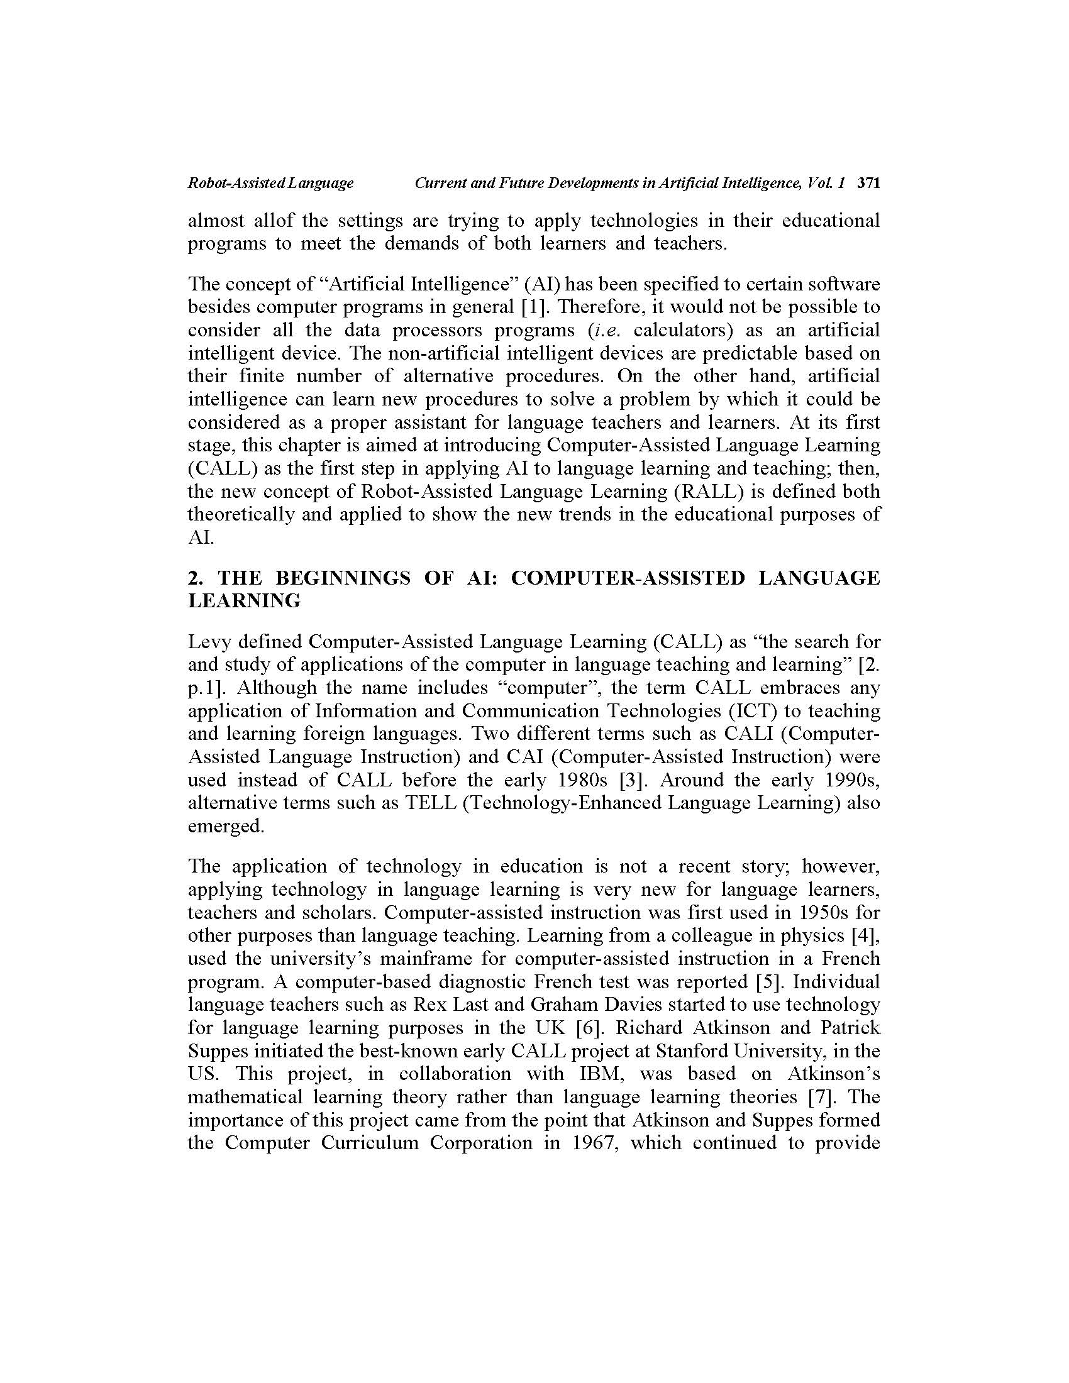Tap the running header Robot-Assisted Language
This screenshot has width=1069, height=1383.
point(270,184)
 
